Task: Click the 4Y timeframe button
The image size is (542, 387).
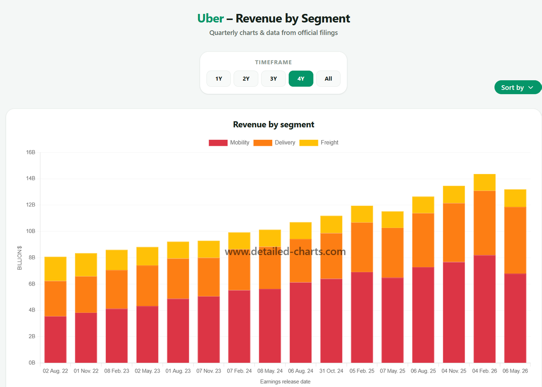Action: click(x=301, y=78)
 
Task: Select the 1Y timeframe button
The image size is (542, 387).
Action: click(x=219, y=78)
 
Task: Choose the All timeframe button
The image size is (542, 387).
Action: click(x=328, y=78)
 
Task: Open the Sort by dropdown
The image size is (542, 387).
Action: click(x=517, y=88)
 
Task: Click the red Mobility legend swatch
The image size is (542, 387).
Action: click(x=218, y=143)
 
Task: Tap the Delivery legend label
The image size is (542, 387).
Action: click(x=285, y=143)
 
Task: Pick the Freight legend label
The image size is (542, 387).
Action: click(x=329, y=143)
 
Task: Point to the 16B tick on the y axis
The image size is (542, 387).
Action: click(x=31, y=152)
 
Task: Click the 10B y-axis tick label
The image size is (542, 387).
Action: click(x=31, y=231)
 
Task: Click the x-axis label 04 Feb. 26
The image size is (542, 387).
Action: click(x=484, y=371)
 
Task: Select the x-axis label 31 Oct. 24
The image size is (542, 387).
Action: click(x=331, y=371)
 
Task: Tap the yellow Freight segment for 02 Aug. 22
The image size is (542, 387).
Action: click(x=56, y=269)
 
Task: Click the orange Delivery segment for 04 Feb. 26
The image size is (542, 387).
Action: click(x=484, y=223)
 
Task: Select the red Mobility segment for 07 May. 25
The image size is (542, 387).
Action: click(x=392, y=320)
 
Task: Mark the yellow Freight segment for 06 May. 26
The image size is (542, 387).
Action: click(x=515, y=198)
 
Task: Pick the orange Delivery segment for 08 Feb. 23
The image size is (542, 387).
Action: click(x=117, y=290)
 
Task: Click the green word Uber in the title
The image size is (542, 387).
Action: click(x=210, y=18)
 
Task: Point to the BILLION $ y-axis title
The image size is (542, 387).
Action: click(x=19, y=258)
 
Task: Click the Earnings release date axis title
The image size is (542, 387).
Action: click(x=285, y=382)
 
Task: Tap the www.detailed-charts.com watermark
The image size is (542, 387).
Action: click(x=285, y=252)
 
